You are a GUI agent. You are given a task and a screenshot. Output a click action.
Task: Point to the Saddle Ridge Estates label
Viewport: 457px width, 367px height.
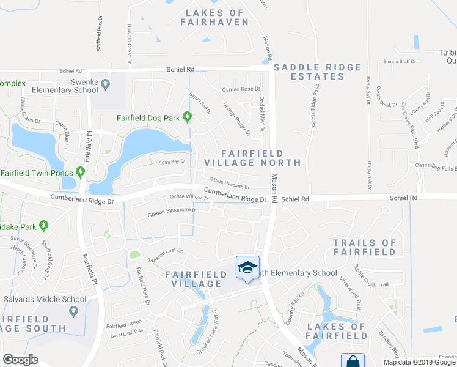point(310,72)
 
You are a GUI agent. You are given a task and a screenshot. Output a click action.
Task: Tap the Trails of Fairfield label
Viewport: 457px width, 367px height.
point(365,247)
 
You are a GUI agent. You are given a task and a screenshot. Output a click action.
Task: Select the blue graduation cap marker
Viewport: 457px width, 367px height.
point(247,267)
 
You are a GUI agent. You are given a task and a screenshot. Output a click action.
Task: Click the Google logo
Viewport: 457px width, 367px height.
point(20,360)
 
